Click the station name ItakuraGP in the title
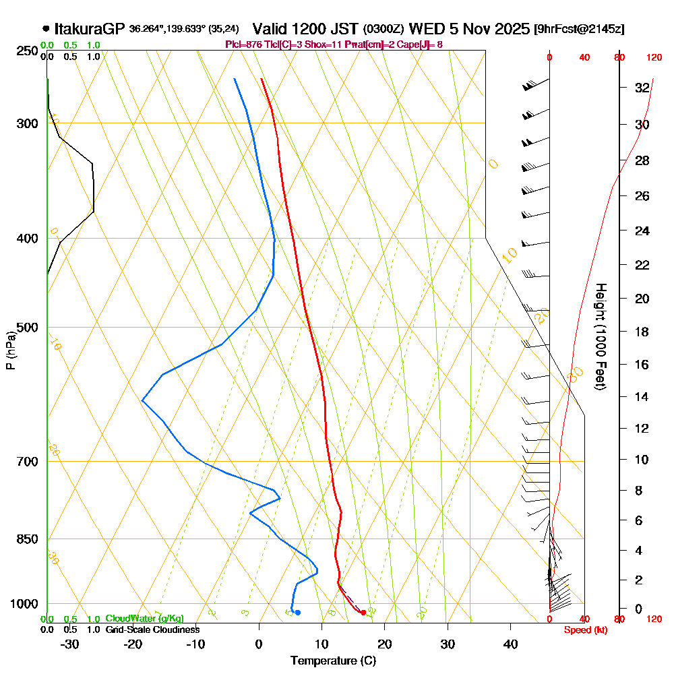pyautogui.click(x=90, y=29)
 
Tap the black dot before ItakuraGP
pyautogui.click(x=46, y=29)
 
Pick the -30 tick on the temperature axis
pyautogui.click(x=70, y=644)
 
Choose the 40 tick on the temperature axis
pyautogui.click(x=510, y=644)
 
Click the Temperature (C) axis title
pyautogui.click(x=333, y=661)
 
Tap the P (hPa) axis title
pyautogui.click(x=10, y=350)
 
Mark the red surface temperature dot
pyautogui.click(x=363, y=613)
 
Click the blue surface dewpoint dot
pyautogui.click(x=297, y=613)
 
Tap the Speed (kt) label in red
pyautogui.click(x=584, y=630)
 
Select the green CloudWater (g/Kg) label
pyautogui.click(x=144, y=619)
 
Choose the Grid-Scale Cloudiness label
pyautogui.click(x=152, y=630)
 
